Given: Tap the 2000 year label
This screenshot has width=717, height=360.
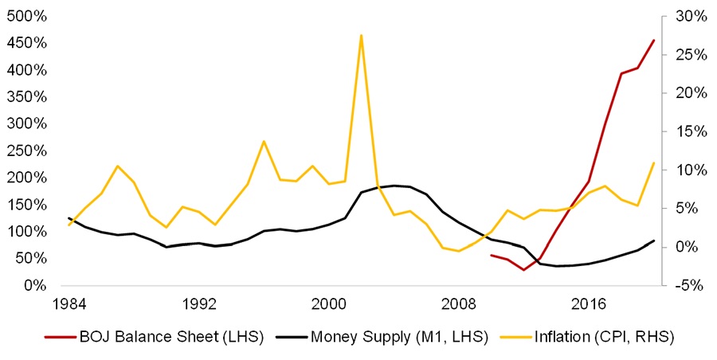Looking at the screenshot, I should (329, 303).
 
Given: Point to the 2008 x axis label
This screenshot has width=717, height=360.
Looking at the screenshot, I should (459, 303).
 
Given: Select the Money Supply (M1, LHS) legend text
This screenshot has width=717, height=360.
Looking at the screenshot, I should (386, 337).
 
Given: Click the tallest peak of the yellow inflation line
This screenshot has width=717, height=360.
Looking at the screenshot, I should (361, 35).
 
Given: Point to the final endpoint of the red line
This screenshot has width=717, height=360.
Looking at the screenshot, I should (654, 40).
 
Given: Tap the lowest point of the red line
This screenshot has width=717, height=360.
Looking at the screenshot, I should (523, 270).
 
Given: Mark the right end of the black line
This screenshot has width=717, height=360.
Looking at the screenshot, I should (654, 241).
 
